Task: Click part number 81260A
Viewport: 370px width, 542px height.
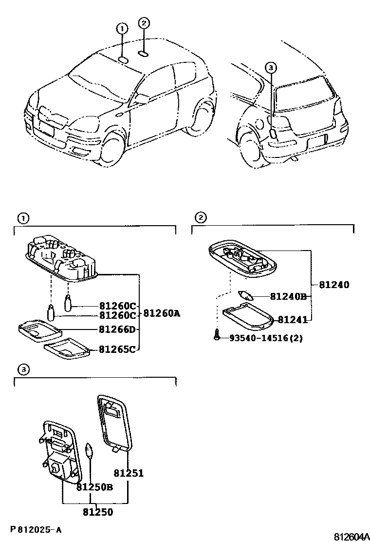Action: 162,313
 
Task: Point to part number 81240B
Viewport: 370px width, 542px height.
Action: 288,296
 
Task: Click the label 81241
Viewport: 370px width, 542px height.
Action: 292,320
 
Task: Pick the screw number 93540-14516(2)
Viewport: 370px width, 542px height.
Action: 266,337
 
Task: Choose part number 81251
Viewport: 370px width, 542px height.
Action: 129,472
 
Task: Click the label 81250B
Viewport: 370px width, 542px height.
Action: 94,486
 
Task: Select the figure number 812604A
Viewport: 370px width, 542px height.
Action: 351,537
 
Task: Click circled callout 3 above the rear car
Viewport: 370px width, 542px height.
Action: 271,68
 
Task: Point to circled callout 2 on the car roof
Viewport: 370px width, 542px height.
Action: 143,22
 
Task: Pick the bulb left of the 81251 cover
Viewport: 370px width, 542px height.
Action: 89,449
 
